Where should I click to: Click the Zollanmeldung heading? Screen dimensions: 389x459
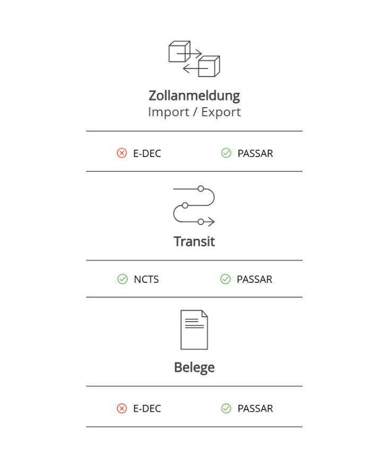coord(194,96)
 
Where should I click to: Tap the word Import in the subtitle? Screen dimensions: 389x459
coord(169,112)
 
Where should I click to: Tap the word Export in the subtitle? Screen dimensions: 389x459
coord(221,112)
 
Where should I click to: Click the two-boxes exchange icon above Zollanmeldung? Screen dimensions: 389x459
coord(194,59)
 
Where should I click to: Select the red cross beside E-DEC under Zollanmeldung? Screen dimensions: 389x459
coord(122,153)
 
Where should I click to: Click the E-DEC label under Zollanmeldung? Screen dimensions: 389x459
coord(147,153)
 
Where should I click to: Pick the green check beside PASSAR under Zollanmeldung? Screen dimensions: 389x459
coord(226,153)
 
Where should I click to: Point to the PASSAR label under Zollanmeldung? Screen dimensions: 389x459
coord(255,153)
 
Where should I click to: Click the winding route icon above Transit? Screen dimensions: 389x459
coord(194,205)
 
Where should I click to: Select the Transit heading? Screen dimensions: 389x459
coord(194,242)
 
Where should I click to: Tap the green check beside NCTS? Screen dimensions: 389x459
coord(123,279)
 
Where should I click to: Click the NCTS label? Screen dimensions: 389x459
coord(146,279)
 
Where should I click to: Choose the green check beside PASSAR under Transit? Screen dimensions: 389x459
coord(226,279)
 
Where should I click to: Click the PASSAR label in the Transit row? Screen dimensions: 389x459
coord(255,279)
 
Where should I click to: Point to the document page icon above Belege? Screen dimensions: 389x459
coord(194,330)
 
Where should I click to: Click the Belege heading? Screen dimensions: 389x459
coord(194,368)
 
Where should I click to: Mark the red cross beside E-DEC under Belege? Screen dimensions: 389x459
coord(122,409)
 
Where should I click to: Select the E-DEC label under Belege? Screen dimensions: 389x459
coord(147,409)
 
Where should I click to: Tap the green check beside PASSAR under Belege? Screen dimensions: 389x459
coord(226,409)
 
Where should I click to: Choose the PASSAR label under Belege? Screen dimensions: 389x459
coord(255,409)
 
